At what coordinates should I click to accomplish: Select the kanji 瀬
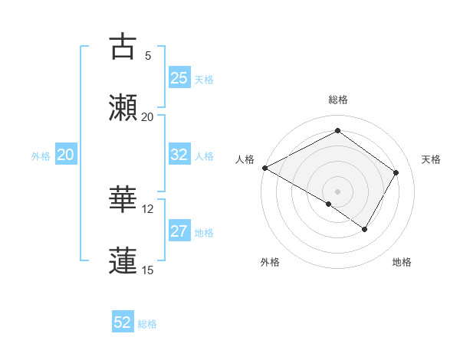pos(123,106)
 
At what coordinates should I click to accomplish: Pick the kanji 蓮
pos(123,260)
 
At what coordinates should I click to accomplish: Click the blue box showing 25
pos(179,78)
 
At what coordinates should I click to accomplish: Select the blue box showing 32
pos(179,155)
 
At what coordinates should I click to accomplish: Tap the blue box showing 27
pos(179,231)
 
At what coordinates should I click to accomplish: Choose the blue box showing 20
pos(65,155)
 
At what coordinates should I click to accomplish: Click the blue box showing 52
pos(123,322)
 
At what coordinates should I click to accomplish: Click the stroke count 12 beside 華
pos(148,208)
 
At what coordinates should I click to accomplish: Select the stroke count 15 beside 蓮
pos(148,270)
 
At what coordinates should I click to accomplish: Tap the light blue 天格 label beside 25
pos(204,79)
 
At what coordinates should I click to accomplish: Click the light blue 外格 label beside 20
pos(41,155)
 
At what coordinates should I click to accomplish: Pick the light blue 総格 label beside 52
pos(147,323)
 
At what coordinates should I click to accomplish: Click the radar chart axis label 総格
pos(337,100)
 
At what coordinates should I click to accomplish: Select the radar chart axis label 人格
pos(245,159)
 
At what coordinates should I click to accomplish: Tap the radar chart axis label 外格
pos(270,262)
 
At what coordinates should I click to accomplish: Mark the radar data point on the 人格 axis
pos(264,168)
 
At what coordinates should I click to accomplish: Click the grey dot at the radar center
pos(337,191)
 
